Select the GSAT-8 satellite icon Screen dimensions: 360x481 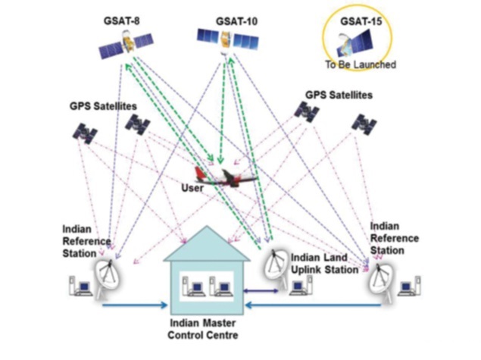pyautogui.click(x=125, y=49)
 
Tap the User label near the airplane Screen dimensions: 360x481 pyautogui.click(x=191, y=186)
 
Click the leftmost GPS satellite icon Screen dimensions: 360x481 pyautogui.click(x=84, y=133)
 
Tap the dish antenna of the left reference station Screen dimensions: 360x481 pyautogui.click(x=107, y=274)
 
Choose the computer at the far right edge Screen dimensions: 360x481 pyautogui.click(x=408, y=286)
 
